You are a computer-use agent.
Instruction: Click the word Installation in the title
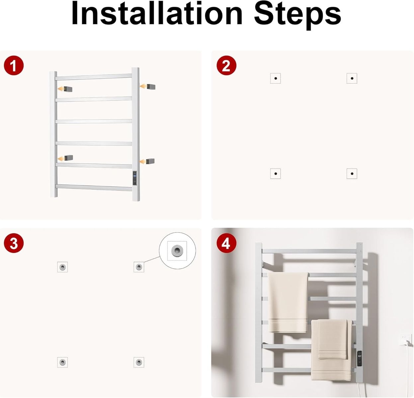157,13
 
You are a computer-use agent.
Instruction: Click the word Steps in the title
297,16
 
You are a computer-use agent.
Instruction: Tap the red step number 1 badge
14,65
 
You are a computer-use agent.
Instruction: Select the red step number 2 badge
226,65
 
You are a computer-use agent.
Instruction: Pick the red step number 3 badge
14,243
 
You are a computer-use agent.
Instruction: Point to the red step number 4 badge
226,243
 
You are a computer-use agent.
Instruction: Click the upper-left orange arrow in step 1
61,89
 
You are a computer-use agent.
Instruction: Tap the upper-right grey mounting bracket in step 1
151,87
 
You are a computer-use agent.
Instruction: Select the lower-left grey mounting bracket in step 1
68,158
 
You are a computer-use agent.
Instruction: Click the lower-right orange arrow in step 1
143,162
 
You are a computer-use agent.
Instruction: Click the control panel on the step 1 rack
135,178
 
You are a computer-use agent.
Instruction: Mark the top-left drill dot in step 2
276,78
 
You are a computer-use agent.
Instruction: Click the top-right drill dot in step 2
352,78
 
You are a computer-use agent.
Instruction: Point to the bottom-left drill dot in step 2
276,173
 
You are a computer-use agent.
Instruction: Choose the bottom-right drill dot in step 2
352,173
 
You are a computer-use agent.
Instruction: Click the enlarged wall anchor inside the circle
177,250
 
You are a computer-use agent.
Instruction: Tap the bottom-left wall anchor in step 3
62,362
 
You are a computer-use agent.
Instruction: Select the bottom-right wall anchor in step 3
139,362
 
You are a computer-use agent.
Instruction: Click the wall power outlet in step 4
406,341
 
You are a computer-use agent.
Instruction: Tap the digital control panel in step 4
359,359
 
